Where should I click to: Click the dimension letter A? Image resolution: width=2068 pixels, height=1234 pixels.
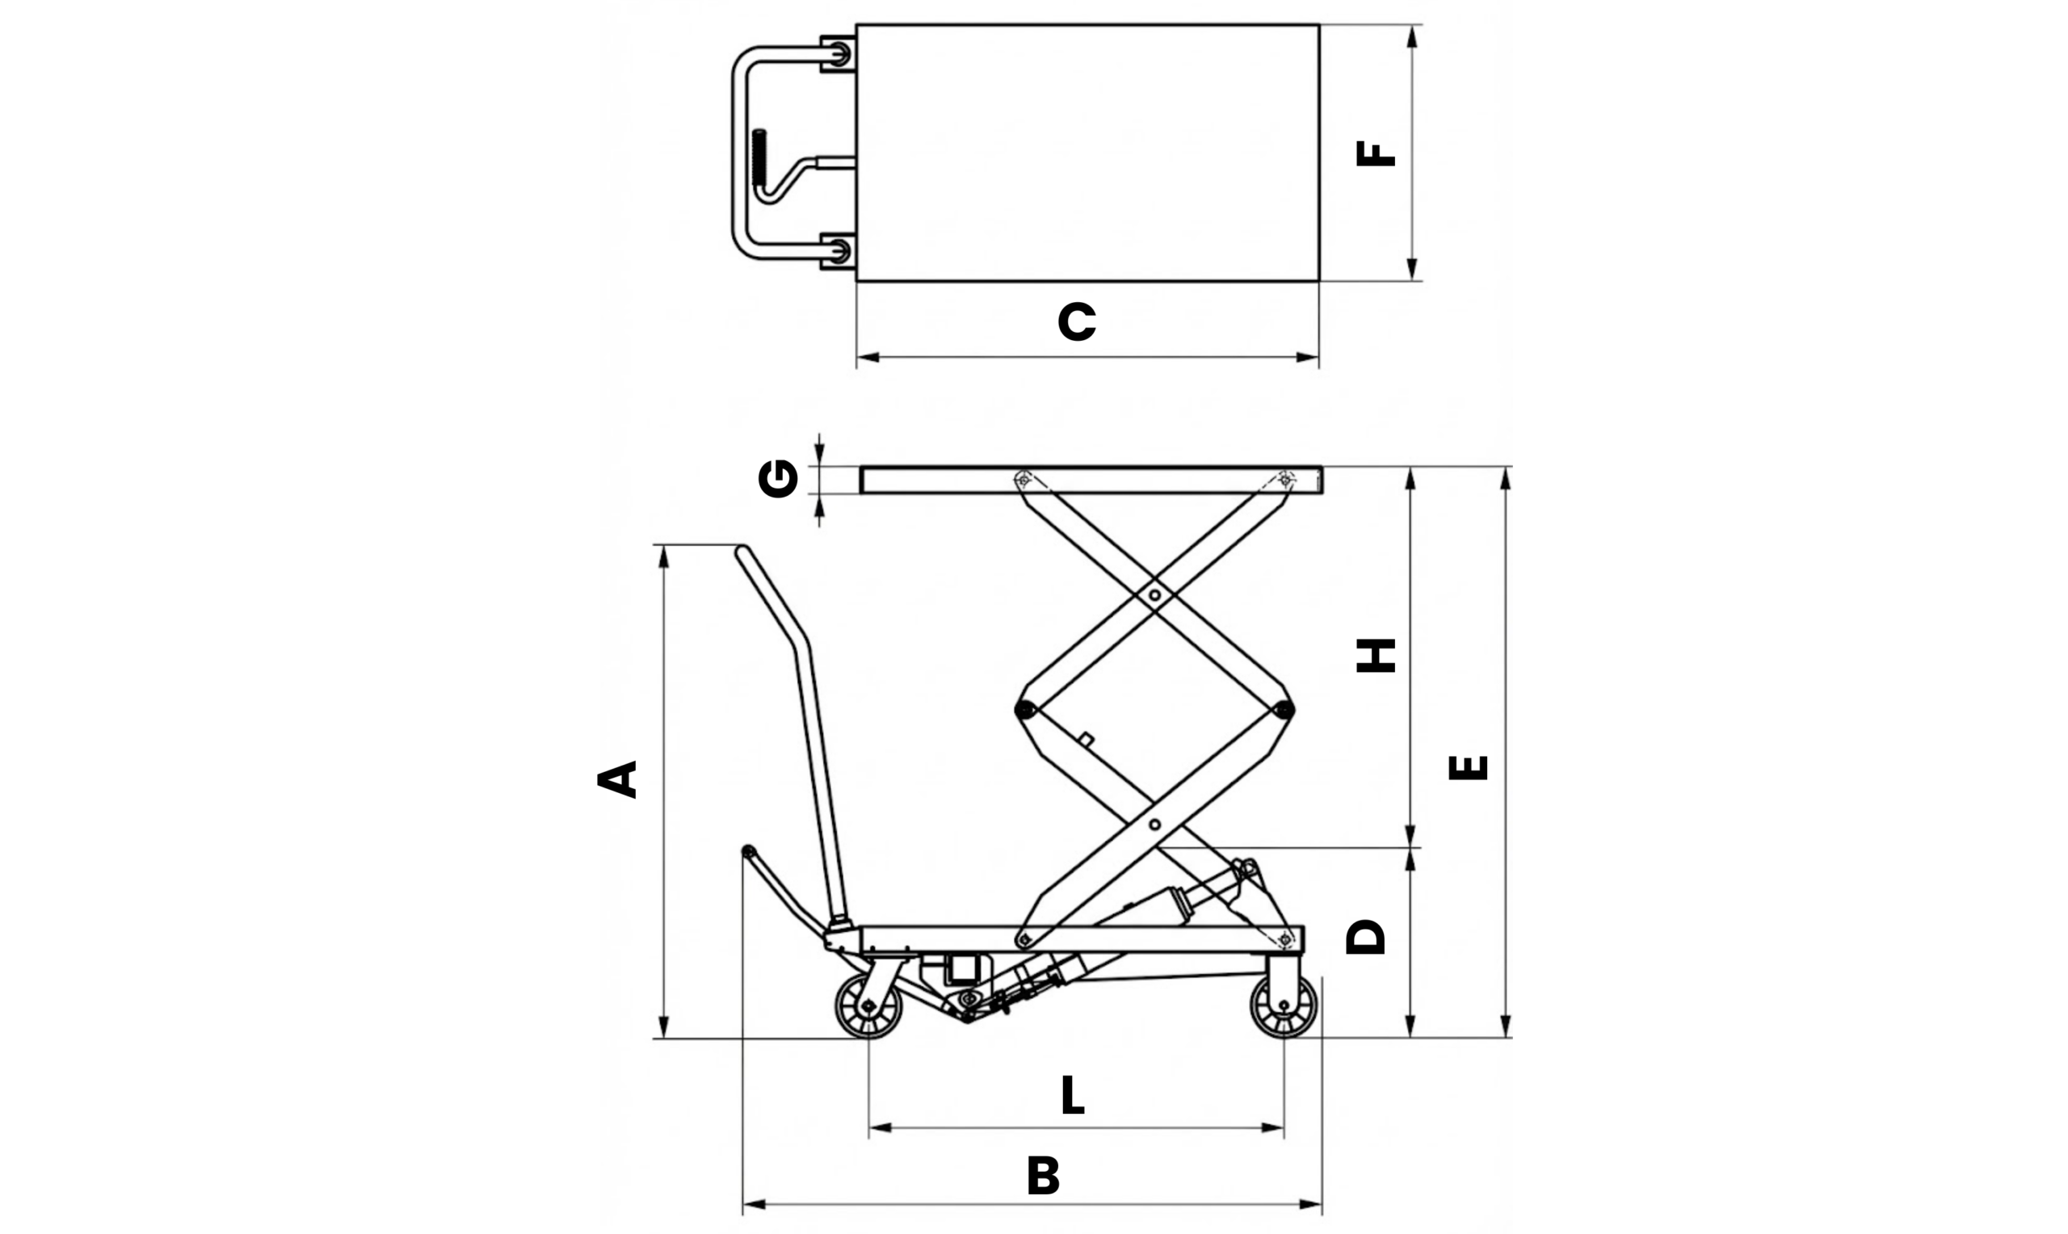pos(617,779)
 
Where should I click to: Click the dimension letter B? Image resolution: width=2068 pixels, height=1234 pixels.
pos(1043,1176)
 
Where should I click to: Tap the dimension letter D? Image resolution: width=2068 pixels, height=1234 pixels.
pos(1365,937)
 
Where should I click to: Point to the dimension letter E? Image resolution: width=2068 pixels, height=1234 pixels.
pos(1468,766)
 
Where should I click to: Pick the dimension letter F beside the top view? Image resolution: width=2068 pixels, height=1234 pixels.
pos(1376,153)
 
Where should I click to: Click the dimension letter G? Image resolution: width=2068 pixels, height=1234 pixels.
pos(778,479)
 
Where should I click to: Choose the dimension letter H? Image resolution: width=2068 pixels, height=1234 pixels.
pos(1376,656)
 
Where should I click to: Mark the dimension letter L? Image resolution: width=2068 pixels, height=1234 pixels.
pos(1073,1096)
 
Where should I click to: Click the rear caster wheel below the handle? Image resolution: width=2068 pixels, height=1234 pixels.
pos(868,1006)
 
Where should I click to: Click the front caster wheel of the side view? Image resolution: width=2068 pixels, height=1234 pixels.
pos(1283,1006)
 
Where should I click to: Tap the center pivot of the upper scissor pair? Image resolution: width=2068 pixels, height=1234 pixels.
pos(1154,595)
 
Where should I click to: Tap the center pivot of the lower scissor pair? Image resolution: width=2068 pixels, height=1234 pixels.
pos(1154,825)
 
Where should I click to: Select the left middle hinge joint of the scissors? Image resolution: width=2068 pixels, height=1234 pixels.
pos(1024,709)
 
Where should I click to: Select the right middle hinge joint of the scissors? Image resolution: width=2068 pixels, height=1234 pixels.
pos(1284,709)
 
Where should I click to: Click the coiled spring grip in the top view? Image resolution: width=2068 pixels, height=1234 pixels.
pos(759,158)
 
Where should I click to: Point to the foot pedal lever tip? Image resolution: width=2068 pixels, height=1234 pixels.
pos(748,850)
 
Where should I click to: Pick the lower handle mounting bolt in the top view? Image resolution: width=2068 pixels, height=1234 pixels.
pos(840,250)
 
